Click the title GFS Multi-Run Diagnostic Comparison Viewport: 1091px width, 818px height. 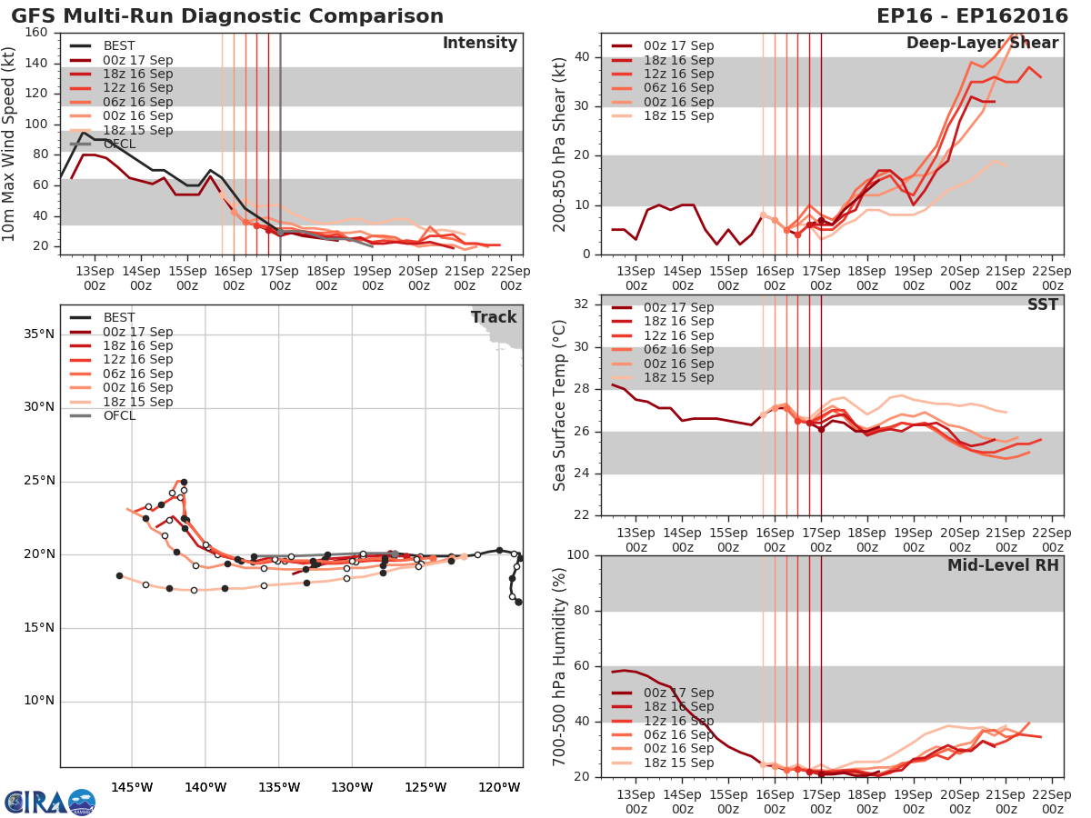[227, 16]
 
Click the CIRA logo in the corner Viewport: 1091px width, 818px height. [50, 802]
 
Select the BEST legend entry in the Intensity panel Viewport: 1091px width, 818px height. [117, 46]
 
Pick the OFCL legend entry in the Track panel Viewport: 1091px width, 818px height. [119, 416]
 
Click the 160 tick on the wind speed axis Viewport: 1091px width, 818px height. [37, 33]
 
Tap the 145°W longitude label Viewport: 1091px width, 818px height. [131, 787]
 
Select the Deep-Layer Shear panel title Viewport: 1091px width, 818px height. [982, 44]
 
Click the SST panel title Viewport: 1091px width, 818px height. [1042, 304]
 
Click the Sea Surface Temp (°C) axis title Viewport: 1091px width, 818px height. [560, 404]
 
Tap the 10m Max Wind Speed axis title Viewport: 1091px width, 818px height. [9, 143]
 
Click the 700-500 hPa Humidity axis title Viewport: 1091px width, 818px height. [560, 665]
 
